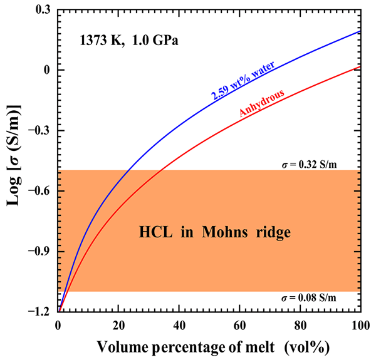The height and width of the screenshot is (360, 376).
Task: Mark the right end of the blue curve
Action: point(359,31)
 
